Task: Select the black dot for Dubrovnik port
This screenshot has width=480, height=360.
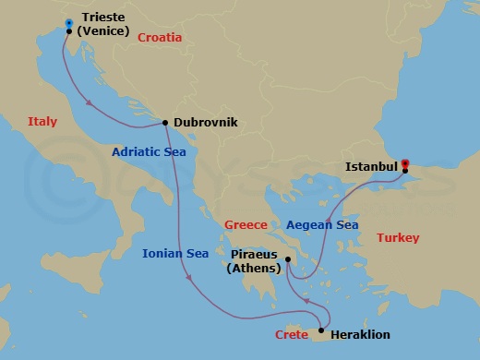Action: click(165, 123)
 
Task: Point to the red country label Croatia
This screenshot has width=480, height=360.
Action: click(160, 38)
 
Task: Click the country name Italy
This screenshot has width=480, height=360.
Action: click(42, 121)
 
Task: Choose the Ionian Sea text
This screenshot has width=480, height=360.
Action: click(174, 253)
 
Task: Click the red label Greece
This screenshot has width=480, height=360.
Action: click(246, 224)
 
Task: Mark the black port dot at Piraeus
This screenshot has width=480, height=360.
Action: click(288, 259)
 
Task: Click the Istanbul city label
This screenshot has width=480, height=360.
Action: click(371, 167)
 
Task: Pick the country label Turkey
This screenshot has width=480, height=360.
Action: click(398, 238)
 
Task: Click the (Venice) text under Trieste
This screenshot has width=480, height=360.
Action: click(102, 30)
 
